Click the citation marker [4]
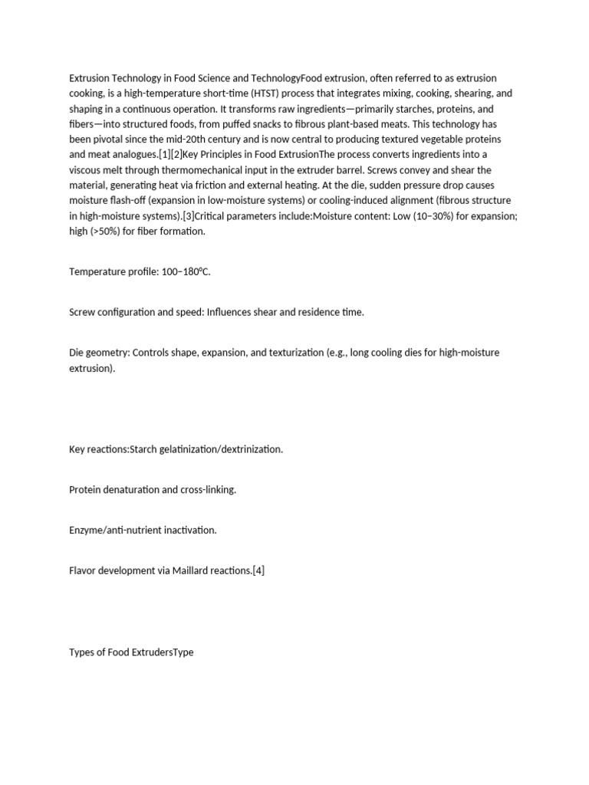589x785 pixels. (258, 570)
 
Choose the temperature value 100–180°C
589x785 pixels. (186, 272)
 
